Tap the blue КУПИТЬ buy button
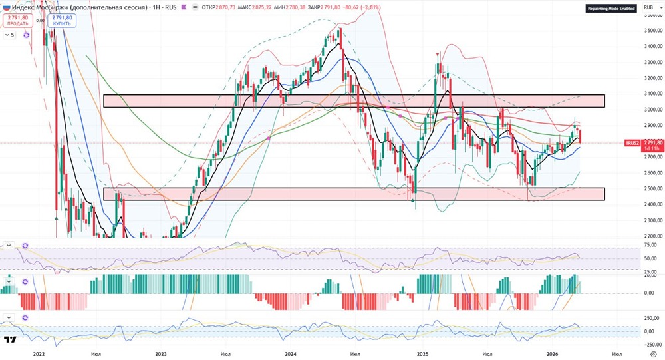62,20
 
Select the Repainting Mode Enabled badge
610,8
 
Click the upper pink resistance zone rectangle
353,101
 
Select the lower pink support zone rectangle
353,194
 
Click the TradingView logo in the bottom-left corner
10,340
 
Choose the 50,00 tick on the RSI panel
651,258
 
